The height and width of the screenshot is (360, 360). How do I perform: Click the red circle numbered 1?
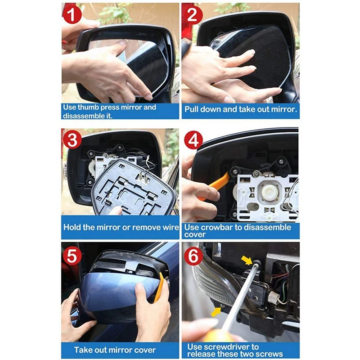point(72,14)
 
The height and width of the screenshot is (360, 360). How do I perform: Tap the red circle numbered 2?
point(193,14)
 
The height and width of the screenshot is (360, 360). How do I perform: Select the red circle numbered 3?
point(72,140)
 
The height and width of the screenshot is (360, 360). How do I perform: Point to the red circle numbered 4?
point(193,140)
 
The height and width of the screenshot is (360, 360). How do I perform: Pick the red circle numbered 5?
point(72,255)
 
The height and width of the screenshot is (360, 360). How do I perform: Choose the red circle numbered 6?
point(193,256)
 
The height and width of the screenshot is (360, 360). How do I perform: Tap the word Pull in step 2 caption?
point(192,109)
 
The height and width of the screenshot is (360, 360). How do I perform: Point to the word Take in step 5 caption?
point(82,350)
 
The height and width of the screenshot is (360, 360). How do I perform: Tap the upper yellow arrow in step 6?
point(247,260)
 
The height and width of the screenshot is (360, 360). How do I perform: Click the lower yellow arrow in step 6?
point(216,311)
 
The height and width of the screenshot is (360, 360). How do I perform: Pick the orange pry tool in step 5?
point(159,288)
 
